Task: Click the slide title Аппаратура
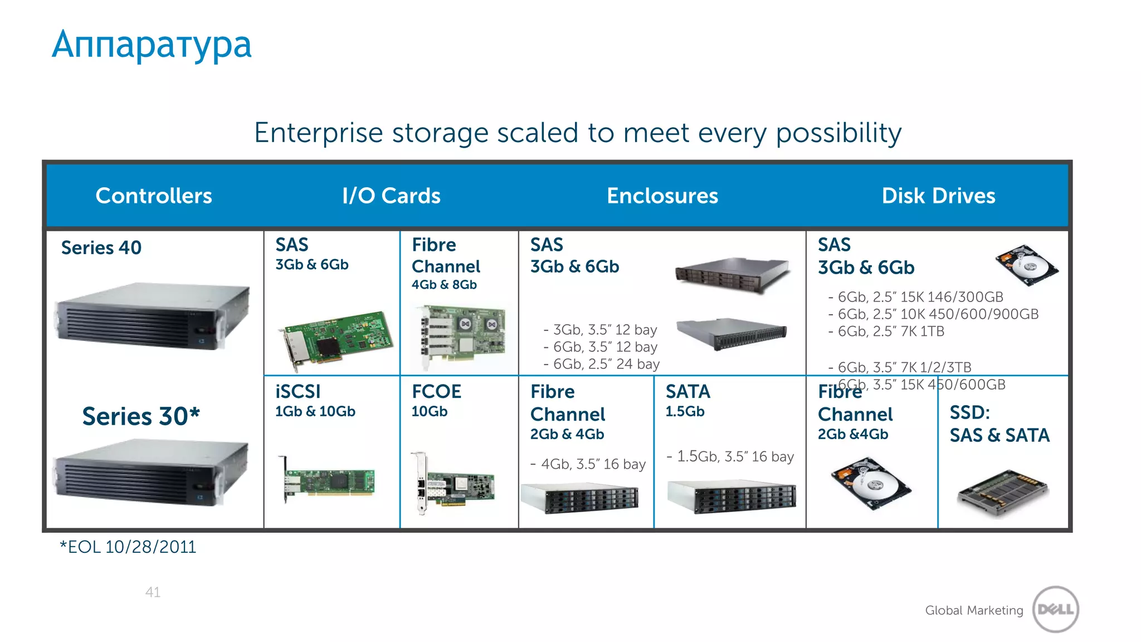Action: [152, 45]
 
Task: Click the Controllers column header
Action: [154, 196]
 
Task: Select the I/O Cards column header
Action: [391, 196]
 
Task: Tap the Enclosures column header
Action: [662, 196]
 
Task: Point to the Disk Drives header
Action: [938, 196]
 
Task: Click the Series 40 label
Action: [101, 247]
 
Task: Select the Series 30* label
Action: [140, 416]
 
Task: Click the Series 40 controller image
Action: [152, 315]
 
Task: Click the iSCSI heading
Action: [298, 392]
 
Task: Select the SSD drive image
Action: [1002, 493]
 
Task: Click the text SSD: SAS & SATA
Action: [999, 424]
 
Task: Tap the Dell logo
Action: [1055, 609]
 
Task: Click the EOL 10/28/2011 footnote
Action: [128, 547]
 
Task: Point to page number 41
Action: [153, 592]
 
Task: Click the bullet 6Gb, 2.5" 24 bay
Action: [602, 364]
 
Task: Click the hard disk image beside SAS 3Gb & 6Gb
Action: [1026, 265]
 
